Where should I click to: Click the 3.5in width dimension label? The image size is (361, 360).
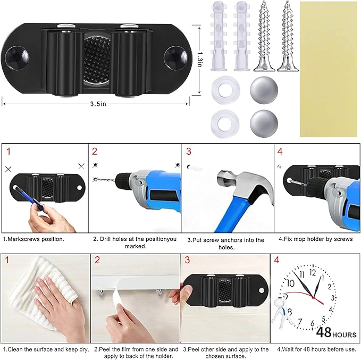98,104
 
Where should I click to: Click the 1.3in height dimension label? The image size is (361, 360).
200,60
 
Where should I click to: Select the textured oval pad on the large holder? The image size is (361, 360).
97,58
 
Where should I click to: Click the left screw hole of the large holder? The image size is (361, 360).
16,57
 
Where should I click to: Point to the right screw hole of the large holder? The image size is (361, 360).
176,57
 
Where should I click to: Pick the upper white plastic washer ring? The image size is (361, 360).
225,89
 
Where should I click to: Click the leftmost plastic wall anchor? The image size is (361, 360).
218,36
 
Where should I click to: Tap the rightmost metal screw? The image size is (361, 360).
288,36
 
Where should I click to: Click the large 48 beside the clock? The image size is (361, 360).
323,332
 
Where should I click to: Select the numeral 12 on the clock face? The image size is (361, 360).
313,272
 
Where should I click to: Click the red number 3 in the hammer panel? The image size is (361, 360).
189,152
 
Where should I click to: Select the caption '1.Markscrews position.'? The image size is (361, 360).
33,239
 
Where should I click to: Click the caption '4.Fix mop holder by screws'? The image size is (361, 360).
316,239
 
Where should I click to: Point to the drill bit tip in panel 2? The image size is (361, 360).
95,179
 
